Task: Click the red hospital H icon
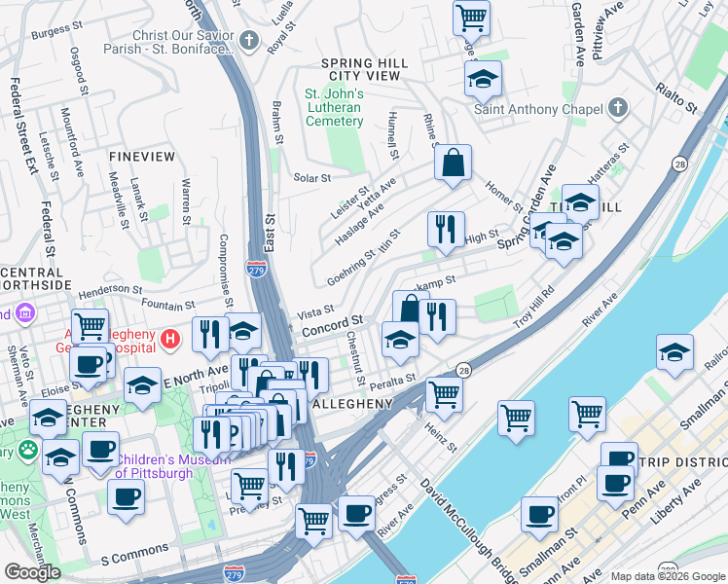coord(171,339)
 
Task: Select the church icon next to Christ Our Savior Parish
coord(250,41)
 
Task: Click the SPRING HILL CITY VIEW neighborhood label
coord(364,69)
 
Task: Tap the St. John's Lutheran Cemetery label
coord(334,107)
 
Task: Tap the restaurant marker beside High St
coord(446,231)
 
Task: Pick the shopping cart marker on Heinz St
coord(444,394)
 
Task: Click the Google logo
coord(32,571)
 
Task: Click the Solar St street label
coord(312,178)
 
